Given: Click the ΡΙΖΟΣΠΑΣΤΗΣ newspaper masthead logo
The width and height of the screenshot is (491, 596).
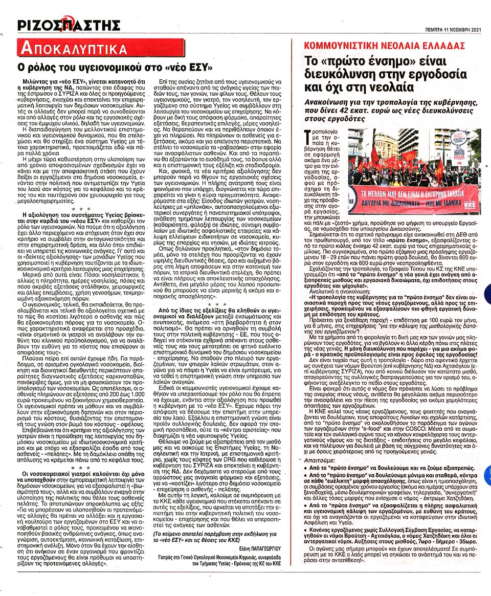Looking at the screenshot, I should [69, 24].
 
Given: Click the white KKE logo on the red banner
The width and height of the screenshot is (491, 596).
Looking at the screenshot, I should [463, 207].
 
